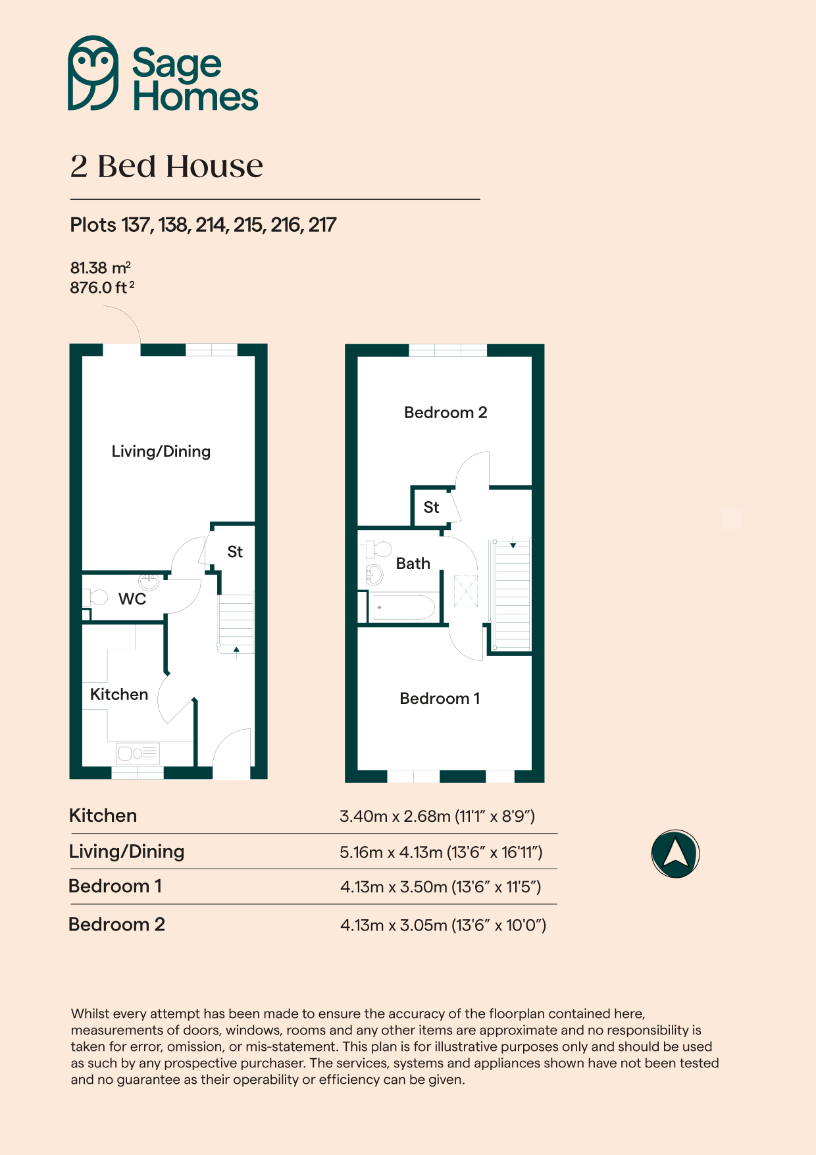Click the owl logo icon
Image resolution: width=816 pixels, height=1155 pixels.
(x=93, y=72)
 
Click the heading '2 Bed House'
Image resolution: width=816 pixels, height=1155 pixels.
(x=166, y=166)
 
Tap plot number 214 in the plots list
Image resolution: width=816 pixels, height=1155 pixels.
(x=211, y=225)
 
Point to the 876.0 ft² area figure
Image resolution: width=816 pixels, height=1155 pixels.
(x=102, y=288)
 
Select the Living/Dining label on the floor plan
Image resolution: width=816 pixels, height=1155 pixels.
(x=161, y=452)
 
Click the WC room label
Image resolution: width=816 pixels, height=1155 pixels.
(x=132, y=599)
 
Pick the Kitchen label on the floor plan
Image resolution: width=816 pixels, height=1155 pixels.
(x=119, y=695)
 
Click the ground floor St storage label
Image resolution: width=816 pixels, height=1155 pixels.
(x=235, y=552)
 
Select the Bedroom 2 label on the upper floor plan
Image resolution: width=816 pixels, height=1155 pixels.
(x=446, y=413)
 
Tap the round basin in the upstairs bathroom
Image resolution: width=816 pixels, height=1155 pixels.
(x=374, y=574)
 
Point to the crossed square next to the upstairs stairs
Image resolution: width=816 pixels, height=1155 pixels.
(x=466, y=590)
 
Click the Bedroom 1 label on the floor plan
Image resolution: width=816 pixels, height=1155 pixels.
(x=440, y=699)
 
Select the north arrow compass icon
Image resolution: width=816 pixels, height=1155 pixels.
(x=675, y=853)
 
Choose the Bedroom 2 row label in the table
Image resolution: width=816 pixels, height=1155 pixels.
(x=117, y=925)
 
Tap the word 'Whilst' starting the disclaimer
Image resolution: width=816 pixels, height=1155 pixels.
(x=89, y=1013)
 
